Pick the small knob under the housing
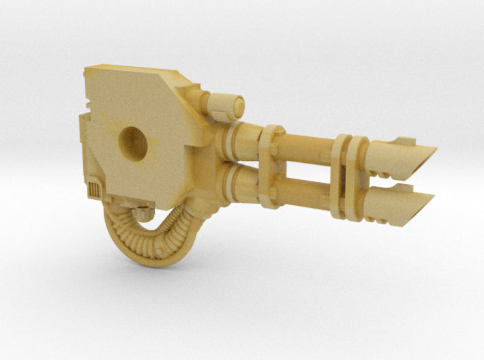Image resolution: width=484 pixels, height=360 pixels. click(144, 213)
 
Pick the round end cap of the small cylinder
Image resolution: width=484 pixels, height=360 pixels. click(239, 105)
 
